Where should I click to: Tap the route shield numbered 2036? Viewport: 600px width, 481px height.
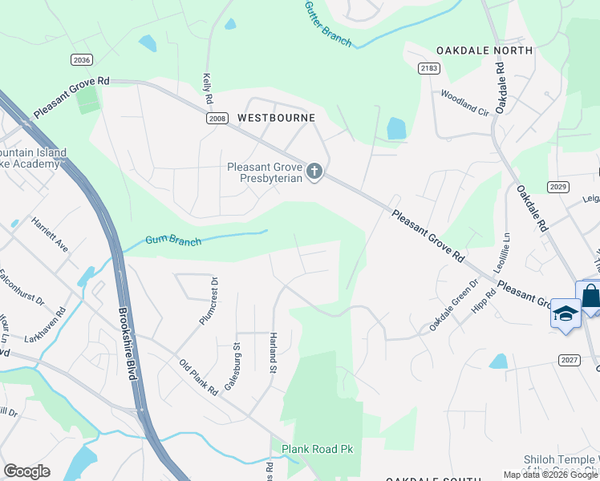tap(81, 59)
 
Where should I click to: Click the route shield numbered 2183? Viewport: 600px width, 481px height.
tap(429, 69)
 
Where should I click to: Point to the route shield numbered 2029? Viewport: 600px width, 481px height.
tap(558, 187)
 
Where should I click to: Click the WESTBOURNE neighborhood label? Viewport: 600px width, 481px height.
tap(276, 118)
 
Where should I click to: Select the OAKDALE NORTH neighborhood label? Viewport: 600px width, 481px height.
tap(484, 51)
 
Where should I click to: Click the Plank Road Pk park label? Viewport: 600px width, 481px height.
tap(317, 449)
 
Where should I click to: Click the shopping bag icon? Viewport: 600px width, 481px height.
tap(590, 296)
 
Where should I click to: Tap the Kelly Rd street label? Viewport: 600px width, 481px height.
tap(207, 88)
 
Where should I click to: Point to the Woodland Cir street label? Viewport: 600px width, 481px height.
tap(464, 103)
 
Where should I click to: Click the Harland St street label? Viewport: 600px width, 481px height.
tap(273, 354)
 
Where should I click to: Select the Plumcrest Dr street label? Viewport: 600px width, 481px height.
tap(208, 301)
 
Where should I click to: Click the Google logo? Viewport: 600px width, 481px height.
tap(27, 471)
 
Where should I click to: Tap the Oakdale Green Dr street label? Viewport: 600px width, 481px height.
tap(453, 305)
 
